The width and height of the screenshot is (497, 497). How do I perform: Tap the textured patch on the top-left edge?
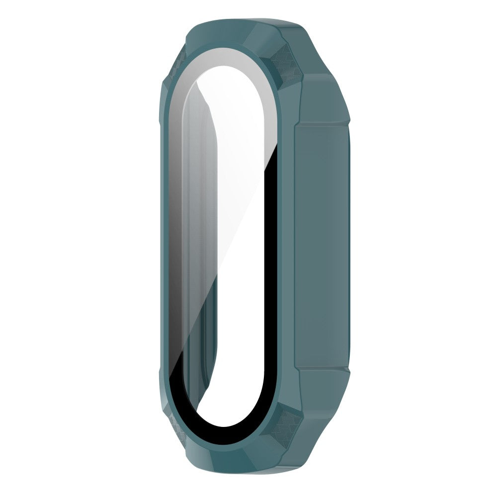[x=175, y=65]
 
